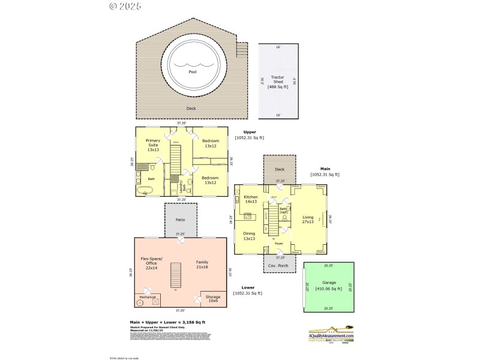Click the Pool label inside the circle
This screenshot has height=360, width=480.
pos(193,71)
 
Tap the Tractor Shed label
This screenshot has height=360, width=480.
pos(277,82)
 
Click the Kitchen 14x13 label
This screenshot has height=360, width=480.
pos(251,199)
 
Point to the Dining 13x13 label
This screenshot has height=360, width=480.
pos(250,236)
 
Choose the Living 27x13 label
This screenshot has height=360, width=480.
pos(308,219)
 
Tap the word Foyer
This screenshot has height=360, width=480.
pos(279,244)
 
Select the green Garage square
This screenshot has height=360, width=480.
pos(328,286)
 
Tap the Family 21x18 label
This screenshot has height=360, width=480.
pos(202,265)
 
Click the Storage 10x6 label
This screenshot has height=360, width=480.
pos(214,298)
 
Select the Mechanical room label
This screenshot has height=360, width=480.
pos(148,296)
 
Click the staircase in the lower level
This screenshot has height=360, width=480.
pos(176,275)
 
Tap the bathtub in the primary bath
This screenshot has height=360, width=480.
pos(145,190)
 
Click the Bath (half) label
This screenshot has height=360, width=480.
pos(284,210)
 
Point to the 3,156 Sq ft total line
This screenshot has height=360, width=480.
pos(172,322)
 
